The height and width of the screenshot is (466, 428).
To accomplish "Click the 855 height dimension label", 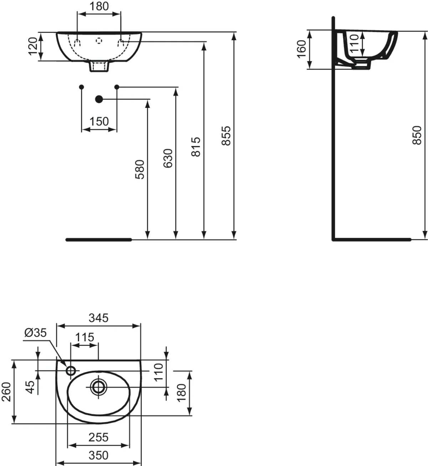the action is pyautogui.click(x=226, y=136).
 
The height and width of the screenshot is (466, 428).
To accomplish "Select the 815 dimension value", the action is pyautogui.click(x=196, y=147).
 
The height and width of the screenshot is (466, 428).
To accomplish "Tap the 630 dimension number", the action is pyautogui.click(x=168, y=158).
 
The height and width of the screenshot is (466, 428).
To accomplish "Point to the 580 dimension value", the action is pyautogui.click(x=140, y=169).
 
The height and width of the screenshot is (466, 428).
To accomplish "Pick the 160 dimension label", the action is pyautogui.click(x=301, y=49).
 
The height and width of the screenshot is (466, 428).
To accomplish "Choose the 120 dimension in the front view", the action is pyautogui.click(x=33, y=46).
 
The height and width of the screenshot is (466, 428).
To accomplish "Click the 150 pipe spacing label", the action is pyautogui.click(x=99, y=121).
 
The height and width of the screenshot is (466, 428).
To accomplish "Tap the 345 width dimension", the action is pyautogui.click(x=98, y=318).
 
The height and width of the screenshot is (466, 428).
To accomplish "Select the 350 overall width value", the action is pyautogui.click(x=98, y=455).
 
